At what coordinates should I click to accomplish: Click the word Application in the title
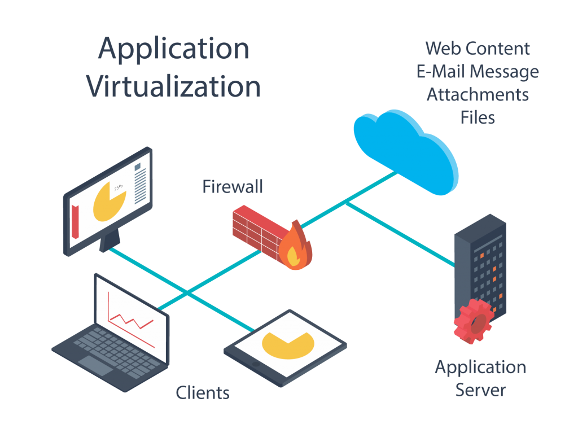[173, 50]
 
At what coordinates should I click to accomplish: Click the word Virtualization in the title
[173, 86]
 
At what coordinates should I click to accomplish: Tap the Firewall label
[233, 187]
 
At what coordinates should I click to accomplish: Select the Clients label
[203, 392]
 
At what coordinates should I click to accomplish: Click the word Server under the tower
[480, 390]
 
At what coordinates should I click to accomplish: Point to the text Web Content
[478, 49]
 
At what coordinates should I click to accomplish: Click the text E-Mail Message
[478, 72]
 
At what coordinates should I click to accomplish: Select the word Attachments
[478, 94]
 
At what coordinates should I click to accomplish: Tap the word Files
[478, 117]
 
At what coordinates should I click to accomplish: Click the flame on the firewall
[295, 248]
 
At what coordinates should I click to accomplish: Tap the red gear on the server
[473, 322]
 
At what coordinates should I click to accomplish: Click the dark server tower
[481, 265]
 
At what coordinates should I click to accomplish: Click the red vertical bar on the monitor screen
[75, 222]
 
